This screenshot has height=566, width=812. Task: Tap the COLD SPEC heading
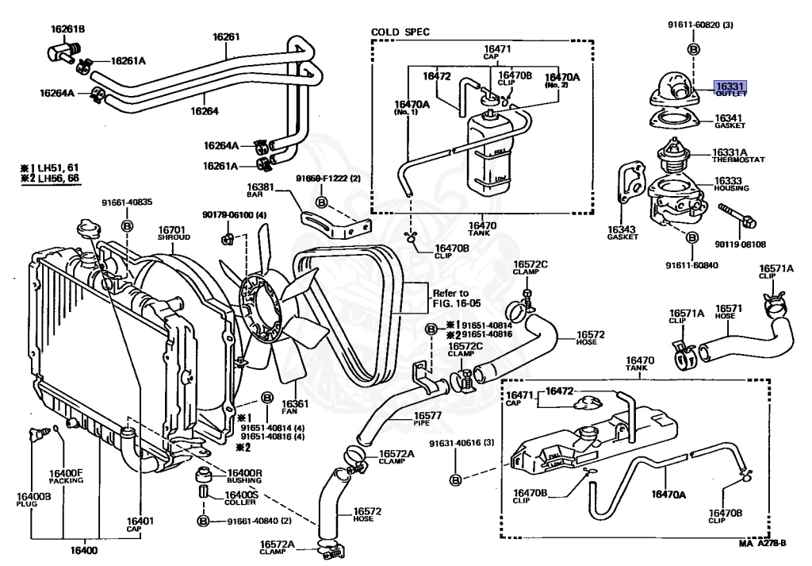tap(400, 33)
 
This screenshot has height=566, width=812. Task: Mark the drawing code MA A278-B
tap(763, 544)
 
